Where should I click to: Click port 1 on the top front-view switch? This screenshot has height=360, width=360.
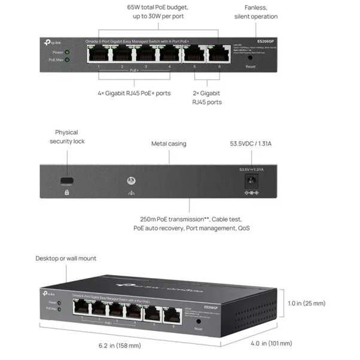[99, 54]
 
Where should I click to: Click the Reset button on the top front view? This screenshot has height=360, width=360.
[251, 57]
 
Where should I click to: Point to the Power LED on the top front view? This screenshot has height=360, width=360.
[67, 51]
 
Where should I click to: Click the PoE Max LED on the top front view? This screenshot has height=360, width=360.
[67, 59]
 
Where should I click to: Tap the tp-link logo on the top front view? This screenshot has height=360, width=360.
[52, 41]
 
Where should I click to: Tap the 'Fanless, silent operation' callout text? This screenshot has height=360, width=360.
[255, 12]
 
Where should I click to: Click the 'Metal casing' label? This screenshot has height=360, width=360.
[168, 144]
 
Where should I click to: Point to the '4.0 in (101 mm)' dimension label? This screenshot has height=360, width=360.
[271, 343]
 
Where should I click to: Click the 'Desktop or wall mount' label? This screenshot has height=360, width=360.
[66, 258]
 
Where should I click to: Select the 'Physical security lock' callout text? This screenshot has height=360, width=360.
[67, 136]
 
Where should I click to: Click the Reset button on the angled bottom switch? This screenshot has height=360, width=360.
[198, 322]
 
